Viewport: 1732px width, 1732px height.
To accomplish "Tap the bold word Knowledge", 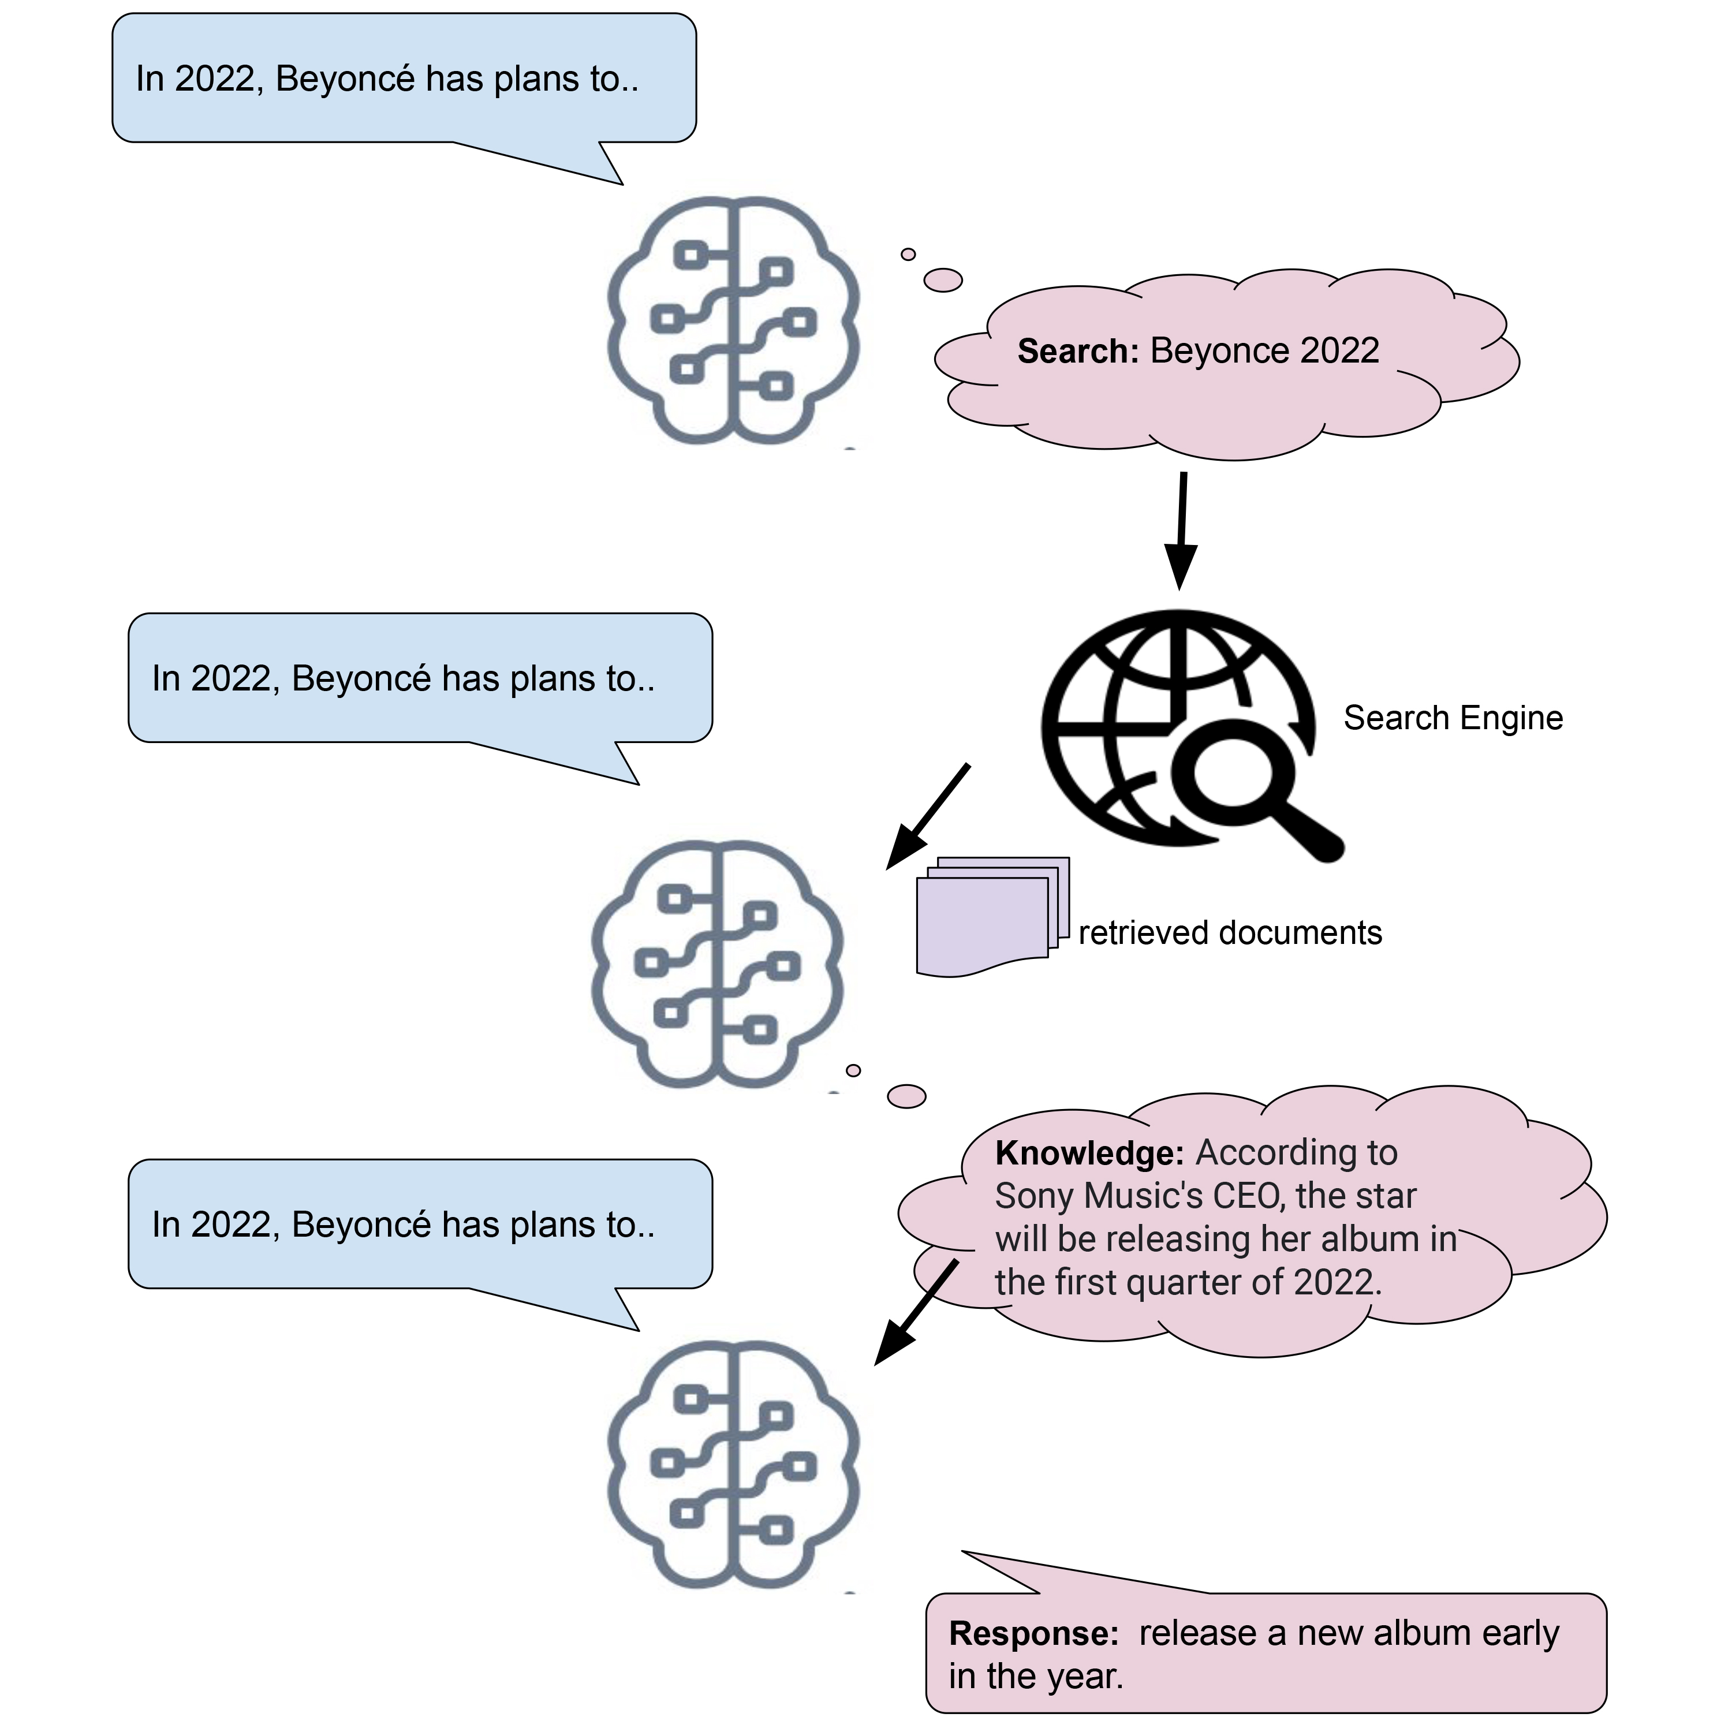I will pyautogui.click(x=1089, y=1153).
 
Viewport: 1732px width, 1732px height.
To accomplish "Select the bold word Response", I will pyautogui.click(x=1033, y=1633).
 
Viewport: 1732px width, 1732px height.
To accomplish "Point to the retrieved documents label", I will pyautogui.click(x=1229, y=933).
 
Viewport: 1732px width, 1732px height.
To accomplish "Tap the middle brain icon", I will pyautogui.click(x=717, y=964).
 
